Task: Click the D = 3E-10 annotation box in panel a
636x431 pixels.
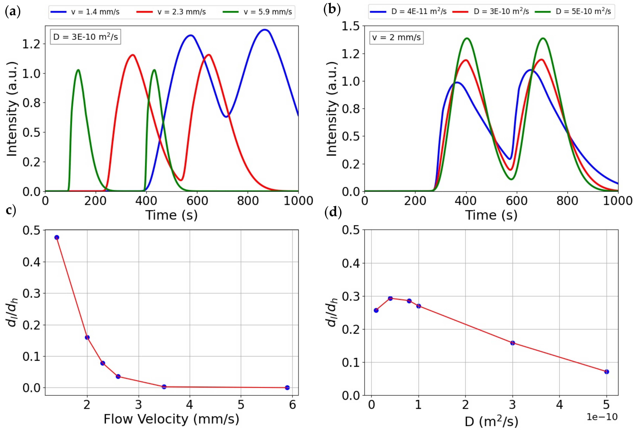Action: [85, 37]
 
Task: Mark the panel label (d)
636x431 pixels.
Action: [333, 213]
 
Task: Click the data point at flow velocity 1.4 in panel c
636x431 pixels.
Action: [57, 237]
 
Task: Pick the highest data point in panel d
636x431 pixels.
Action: [390, 298]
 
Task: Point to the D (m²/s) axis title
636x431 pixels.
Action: [491, 422]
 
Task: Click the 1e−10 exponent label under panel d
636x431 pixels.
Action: [602, 417]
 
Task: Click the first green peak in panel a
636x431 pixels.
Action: [78, 70]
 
